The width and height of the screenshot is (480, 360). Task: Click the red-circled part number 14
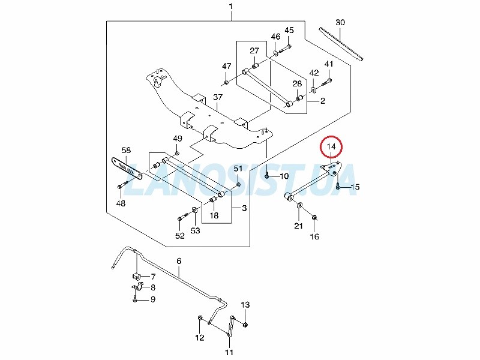(x=331, y=146)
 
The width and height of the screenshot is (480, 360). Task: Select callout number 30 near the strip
(x=340, y=22)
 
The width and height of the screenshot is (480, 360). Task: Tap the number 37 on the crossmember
(x=218, y=97)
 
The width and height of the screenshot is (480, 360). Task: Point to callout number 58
(x=126, y=150)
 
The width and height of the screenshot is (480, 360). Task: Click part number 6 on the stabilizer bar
(x=179, y=261)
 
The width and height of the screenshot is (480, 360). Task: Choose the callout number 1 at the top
(x=231, y=6)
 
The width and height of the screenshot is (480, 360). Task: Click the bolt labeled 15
(x=338, y=185)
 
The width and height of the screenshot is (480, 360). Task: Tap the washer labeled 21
(x=299, y=204)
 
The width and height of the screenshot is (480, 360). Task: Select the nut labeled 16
(x=314, y=217)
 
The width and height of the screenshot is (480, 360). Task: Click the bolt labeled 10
(x=267, y=175)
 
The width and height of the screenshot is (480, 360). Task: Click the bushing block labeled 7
(x=137, y=276)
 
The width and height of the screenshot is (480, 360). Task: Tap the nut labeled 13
(x=245, y=325)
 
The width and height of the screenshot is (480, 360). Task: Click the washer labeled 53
(x=194, y=210)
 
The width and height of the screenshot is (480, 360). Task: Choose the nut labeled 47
(x=226, y=82)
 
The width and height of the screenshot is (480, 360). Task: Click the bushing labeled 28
(x=299, y=98)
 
